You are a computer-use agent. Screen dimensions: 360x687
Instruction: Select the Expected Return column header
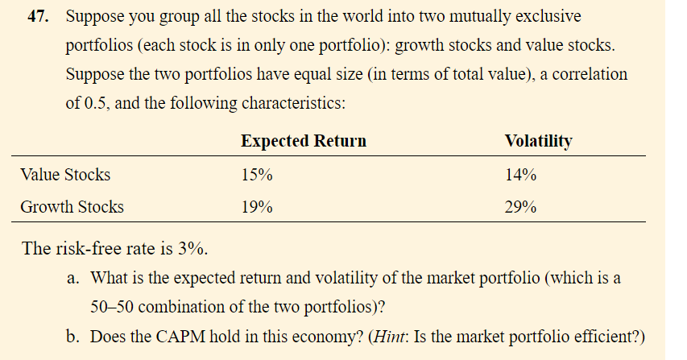coord(303,141)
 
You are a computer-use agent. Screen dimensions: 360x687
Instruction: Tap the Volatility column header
coord(538,141)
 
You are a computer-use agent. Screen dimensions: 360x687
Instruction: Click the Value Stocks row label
coord(65,174)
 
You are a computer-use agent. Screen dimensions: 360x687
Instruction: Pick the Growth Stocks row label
coord(72,207)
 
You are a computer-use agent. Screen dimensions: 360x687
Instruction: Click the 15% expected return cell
coord(256,174)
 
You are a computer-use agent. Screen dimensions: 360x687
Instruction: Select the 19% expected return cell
coord(256,207)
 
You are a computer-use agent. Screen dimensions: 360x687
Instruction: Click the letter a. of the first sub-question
coord(72,279)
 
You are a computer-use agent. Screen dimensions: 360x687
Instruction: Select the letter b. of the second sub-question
coord(72,336)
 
